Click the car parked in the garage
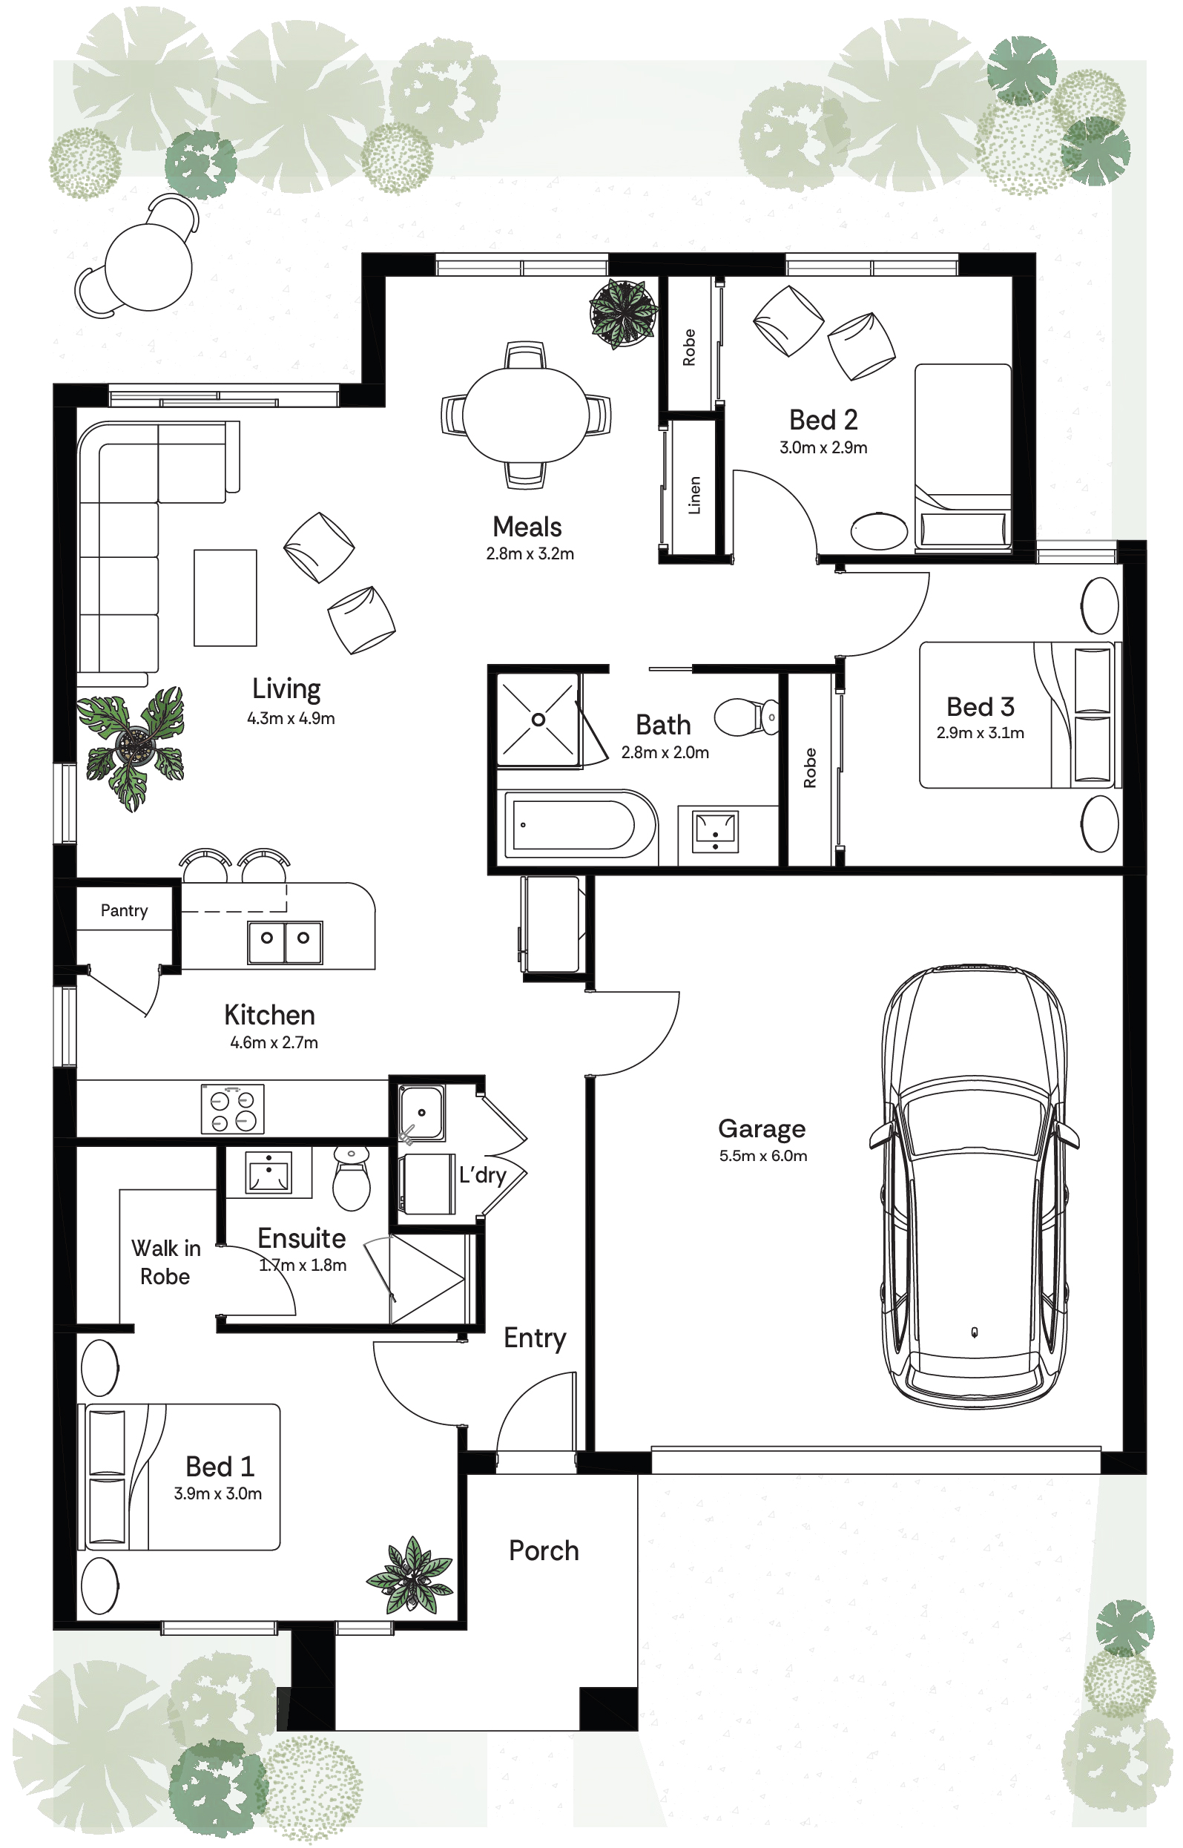pyautogui.click(x=974, y=1188)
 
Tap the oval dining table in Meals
pyautogui.click(x=526, y=415)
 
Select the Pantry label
pyautogui.click(x=124, y=910)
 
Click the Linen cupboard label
pyautogui.click(x=694, y=495)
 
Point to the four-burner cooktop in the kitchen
pyautogui.click(x=233, y=1109)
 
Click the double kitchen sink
pyautogui.click(x=285, y=942)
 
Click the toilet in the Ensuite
pyautogui.click(x=352, y=1178)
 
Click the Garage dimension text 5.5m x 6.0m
pyautogui.click(x=762, y=1156)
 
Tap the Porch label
pyautogui.click(x=544, y=1551)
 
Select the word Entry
pyautogui.click(x=535, y=1338)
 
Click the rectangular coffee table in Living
pyautogui.click(x=225, y=598)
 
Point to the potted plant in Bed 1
pyautogui.click(x=410, y=1576)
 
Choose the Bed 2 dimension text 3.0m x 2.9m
pyautogui.click(x=823, y=447)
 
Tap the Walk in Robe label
pyautogui.click(x=165, y=1262)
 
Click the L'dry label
pyautogui.click(x=482, y=1175)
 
